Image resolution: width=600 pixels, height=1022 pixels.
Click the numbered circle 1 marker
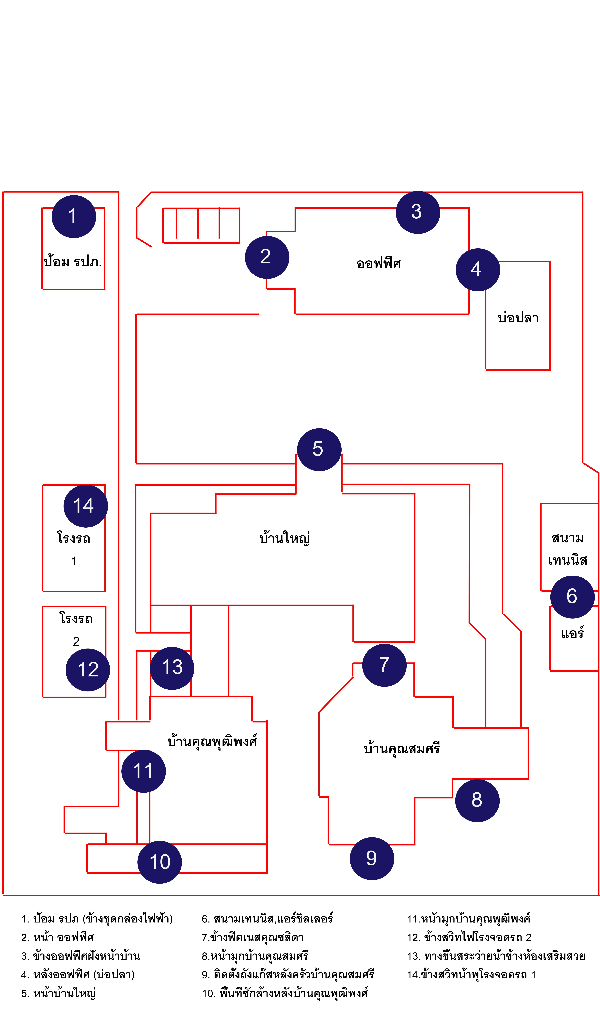[74, 217]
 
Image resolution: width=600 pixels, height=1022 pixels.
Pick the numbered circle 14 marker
[86, 506]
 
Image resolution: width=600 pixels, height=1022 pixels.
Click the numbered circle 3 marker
[418, 212]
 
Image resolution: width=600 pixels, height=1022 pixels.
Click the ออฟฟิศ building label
[378, 264]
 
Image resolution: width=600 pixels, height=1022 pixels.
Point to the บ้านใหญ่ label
[285, 538]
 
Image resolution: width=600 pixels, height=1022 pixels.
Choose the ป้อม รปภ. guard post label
[73, 261]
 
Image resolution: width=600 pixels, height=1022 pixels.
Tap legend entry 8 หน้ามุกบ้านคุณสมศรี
[255, 956]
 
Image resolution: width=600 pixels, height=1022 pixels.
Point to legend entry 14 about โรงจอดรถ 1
[471, 975]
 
